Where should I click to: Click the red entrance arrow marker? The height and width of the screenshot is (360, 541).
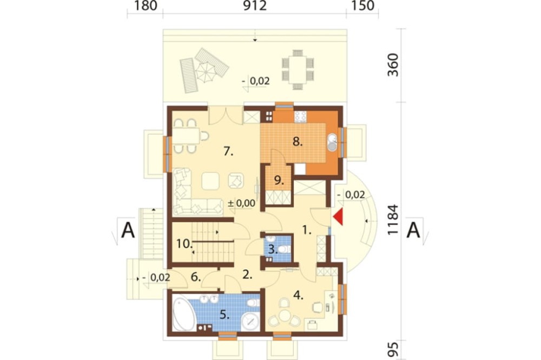(338, 217)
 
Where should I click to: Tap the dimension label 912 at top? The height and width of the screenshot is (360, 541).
(255, 6)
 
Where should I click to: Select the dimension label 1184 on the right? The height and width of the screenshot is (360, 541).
(393, 220)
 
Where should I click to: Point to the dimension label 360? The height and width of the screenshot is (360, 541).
(393, 65)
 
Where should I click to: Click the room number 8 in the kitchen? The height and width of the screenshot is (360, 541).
(298, 142)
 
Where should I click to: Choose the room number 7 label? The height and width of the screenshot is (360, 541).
(228, 151)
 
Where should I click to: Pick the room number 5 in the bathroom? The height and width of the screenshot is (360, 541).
(225, 315)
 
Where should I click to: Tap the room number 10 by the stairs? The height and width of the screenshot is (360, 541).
(184, 244)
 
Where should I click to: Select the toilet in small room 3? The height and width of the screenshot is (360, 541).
(283, 249)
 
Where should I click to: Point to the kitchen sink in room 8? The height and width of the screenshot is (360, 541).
(332, 142)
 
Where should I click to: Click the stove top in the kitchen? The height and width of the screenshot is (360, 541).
(300, 117)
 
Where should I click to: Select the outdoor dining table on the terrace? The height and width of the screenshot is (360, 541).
(298, 69)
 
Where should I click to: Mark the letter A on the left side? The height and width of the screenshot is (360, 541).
(128, 230)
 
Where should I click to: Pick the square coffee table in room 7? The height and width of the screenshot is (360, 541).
(211, 181)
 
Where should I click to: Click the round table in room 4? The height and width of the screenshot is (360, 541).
(285, 315)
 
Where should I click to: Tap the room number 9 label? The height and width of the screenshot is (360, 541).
(279, 181)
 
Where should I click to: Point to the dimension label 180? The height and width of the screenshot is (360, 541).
(144, 6)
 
